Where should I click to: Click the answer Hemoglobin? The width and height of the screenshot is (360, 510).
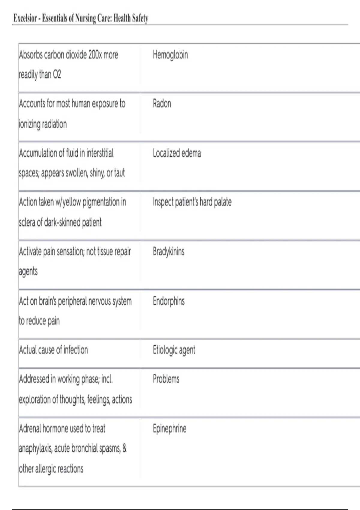point(170,55)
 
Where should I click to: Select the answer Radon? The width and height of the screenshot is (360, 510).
point(162,104)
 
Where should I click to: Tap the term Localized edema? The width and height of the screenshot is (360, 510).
point(177,153)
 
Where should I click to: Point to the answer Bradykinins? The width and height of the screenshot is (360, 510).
point(168,251)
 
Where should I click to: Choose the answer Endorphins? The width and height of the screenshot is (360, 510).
point(169,301)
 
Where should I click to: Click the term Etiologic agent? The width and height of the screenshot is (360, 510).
point(174,350)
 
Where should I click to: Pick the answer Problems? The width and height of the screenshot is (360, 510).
point(166,379)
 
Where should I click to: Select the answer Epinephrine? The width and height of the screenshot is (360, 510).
point(169,428)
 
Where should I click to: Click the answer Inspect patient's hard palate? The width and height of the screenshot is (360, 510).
point(192,202)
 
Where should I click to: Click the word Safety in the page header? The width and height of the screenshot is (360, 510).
point(140,18)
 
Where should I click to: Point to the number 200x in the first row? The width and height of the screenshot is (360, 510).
point(94,55)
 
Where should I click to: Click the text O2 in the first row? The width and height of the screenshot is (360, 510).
point(57,74)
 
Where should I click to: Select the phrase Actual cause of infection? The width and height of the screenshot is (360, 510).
point(53,350)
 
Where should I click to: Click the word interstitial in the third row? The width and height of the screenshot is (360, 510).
point(100,153)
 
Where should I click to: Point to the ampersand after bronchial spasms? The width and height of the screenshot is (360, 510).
point(124,448)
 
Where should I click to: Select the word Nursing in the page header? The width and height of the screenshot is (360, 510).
point(85,18)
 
